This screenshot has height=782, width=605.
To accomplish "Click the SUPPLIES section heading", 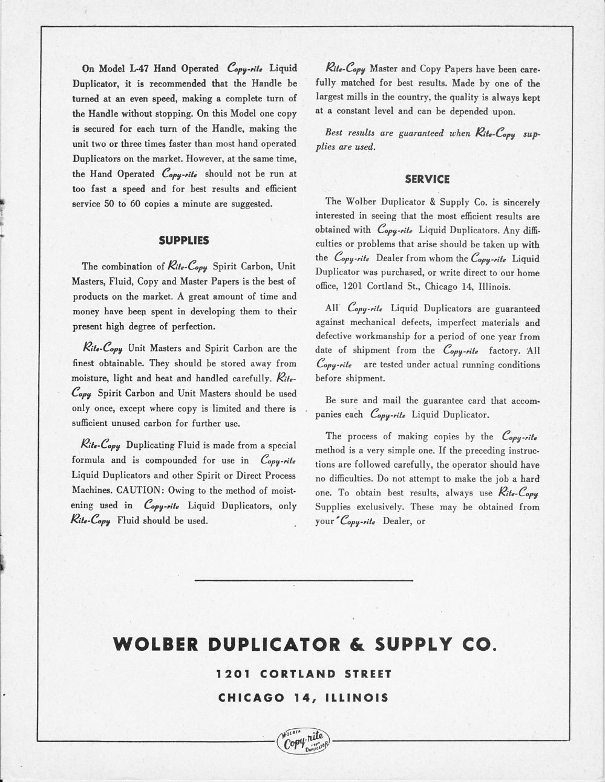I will [x=183, y=241].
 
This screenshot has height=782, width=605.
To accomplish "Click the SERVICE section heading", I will [x=427, y=179].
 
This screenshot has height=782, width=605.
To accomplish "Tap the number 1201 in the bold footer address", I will [x=230, y=674].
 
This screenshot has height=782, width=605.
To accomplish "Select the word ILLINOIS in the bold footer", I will [x=357, y=698].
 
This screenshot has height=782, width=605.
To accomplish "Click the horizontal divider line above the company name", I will [x=304, y=581].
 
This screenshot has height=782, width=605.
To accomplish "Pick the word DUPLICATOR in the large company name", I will [x=273, y=644].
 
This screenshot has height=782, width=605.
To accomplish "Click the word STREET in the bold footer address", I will [x=368, y=674].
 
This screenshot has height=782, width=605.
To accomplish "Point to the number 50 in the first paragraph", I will [x=110, y=204].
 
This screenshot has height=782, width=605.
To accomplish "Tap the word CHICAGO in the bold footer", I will [x=247, y=698].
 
